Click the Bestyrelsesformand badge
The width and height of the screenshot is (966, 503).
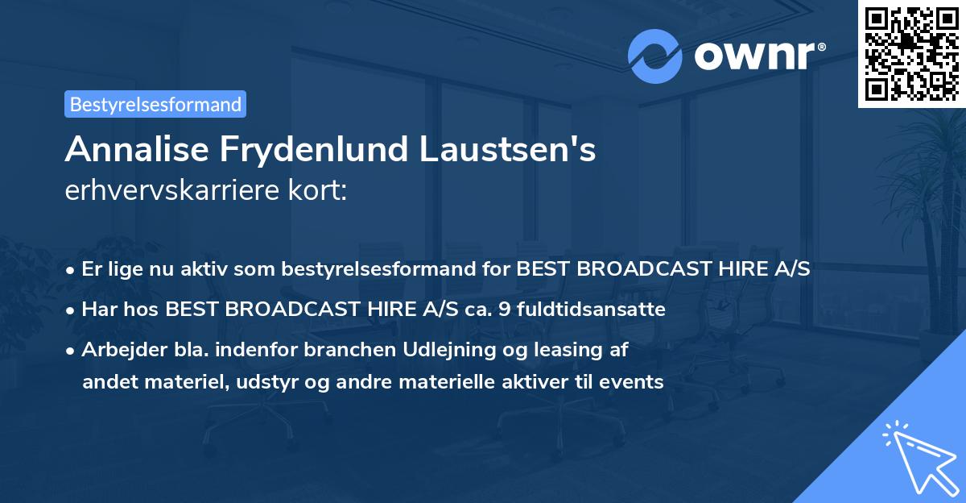click(155, 104)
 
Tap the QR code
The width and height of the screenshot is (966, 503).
click(912, 54)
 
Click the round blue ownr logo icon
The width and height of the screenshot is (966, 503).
click(655, 56)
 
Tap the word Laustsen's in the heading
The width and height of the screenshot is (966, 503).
click(506, 149)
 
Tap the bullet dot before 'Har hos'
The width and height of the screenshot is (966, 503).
click(72, 310)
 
